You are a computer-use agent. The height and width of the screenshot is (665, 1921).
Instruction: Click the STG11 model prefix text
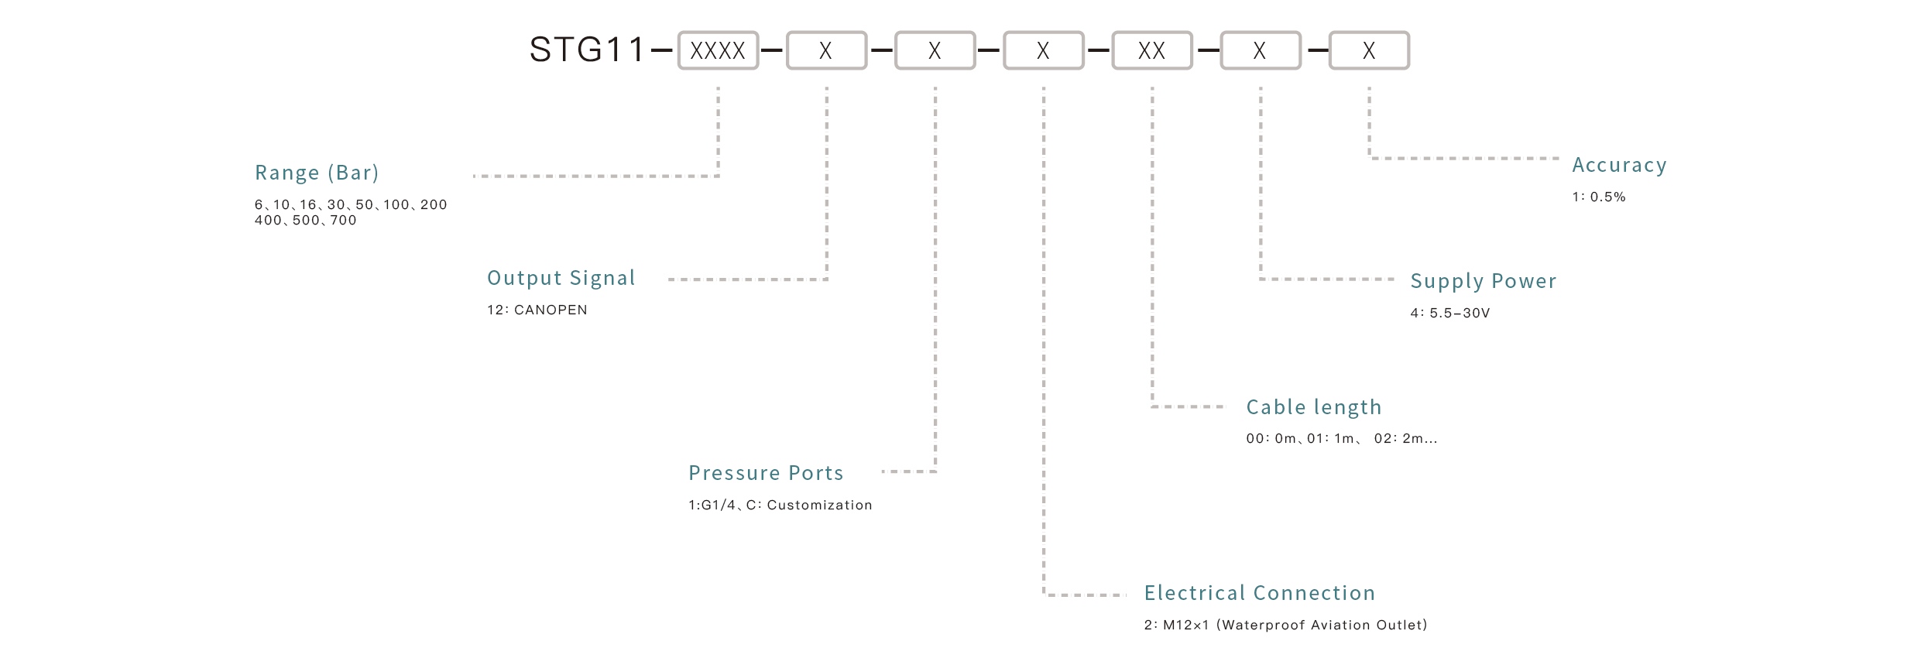coord(587,50)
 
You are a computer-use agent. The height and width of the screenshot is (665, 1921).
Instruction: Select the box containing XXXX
coord(718,51)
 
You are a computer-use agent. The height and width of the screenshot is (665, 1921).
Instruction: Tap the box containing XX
coord(1151,51)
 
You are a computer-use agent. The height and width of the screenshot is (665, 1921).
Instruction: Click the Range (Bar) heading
coord(317,173)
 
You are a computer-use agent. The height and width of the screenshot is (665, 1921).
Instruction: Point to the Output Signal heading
coord(561,278)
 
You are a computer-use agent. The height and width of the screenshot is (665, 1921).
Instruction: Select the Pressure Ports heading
coord(766,473)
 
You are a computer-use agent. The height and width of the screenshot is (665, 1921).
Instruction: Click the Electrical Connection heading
coord(1259,593)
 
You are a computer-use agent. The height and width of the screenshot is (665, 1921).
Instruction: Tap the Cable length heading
coord(1313,407)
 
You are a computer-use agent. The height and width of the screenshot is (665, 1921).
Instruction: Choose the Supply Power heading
coord(1483,281)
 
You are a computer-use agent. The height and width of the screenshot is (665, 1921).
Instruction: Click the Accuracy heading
coord(1619,165)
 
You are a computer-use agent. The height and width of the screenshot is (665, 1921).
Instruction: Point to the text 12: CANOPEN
coord(537,310)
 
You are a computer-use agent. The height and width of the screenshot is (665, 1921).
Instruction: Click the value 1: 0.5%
coord(1598,197)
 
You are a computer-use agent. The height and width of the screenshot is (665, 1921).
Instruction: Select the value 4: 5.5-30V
coord(1449,314)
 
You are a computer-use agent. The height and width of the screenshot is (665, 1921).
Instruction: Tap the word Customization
coord(819,506)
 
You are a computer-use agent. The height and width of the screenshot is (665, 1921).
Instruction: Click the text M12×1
coord(1185,626)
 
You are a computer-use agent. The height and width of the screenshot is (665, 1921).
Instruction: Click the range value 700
coord(343,221)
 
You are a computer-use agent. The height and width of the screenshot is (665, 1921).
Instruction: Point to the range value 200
coord(434,205)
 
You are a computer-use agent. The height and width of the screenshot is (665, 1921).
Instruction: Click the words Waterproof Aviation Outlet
coord(1322,626)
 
